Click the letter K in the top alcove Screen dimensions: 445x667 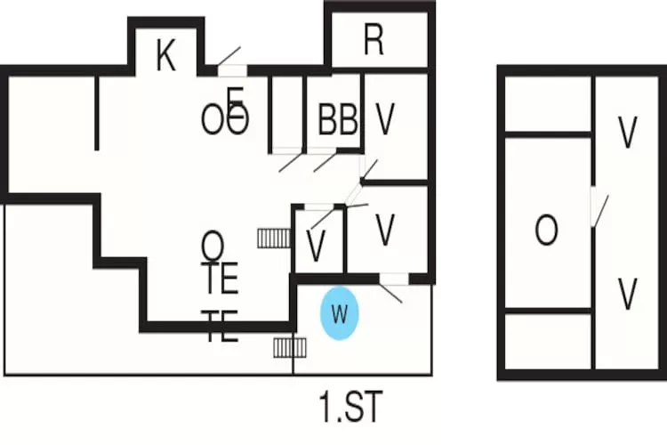click(x=165, y=55)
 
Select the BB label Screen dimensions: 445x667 click(x=338, y=119)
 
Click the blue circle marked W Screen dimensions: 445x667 click(x=339, y=313)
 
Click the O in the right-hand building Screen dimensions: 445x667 click(x=546, y=231)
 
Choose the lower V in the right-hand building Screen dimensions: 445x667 click(x=628, y=294)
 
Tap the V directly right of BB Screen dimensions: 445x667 click(x=385, y=119)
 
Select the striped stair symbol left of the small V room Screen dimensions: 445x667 click(x=274, y=238)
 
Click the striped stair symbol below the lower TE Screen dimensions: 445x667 click(x=286, y=346)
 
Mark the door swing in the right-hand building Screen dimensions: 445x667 click(x=599, y=208)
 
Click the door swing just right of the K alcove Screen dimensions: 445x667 click(x=229, y=60)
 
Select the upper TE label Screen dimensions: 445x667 click(x=220, y=279)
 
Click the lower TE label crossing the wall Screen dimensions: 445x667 click(x=220, y=327)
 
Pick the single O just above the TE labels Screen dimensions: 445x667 click(x=213, y=242)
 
